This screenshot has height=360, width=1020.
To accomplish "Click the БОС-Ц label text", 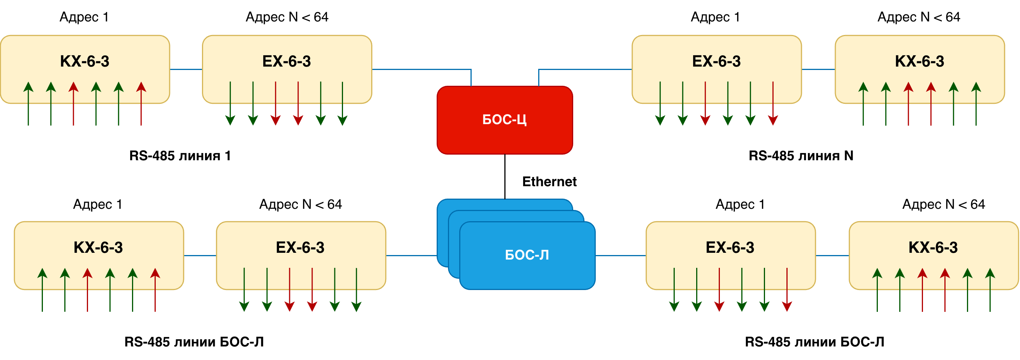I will [x=504, y=120].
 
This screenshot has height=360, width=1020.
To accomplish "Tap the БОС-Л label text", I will [x=527, y=255].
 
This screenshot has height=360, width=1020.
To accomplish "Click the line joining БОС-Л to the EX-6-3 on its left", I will [x=411, y=256].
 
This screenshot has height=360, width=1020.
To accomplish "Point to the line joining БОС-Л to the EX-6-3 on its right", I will [x=620, y=256].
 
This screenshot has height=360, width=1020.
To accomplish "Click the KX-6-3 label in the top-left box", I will [x=84, y=61].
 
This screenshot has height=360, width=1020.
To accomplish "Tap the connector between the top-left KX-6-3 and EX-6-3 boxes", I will [x=186, y=70].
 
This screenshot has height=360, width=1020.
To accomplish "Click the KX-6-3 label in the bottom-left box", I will [x=98, y=248].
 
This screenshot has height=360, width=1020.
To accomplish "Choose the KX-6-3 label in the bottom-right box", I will [x=933, y=248].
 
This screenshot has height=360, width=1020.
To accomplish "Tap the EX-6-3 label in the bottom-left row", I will [x=300, y=248].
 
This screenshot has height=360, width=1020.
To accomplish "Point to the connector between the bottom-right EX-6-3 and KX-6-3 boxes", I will [x=832, y=256].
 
